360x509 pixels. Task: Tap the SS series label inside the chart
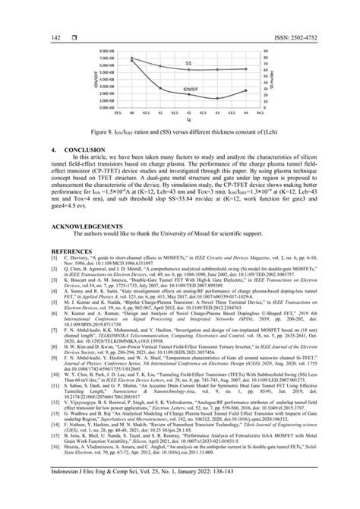click(x=188, y=64)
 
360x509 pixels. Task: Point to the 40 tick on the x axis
click(x=132, y=112)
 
